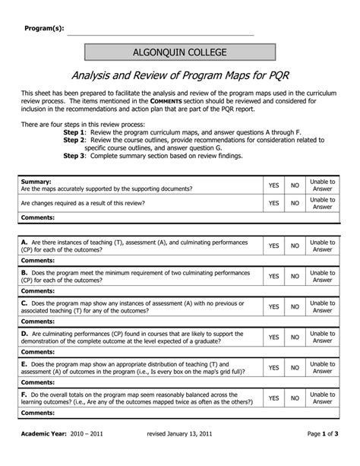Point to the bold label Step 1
(74, 131)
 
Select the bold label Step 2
(74, 140)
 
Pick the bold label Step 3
(74, 155)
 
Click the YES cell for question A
(273, 246)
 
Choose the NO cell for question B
(295, 276)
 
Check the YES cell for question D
(273, 337)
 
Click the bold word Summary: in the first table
(36, 182)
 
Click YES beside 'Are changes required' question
(273, 204)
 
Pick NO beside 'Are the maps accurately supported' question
(295, 185)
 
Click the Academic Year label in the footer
(45, 454)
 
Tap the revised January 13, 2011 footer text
(179, 454)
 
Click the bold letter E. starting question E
(24, 363)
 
